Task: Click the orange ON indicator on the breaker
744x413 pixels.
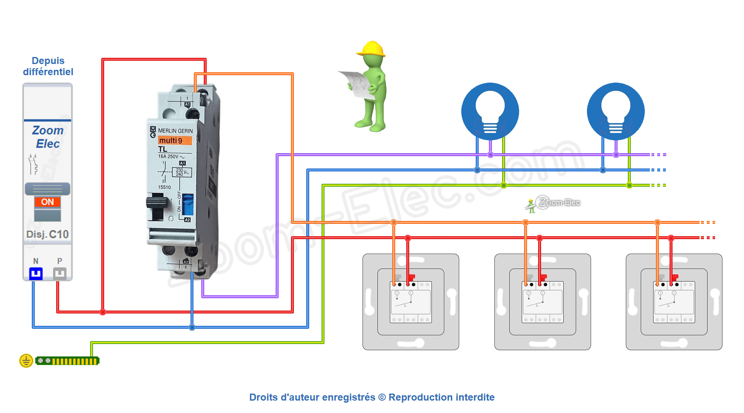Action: pyautogui.click(x=48, y=202)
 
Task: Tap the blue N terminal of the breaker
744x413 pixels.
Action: pyautogui.click(x=36, y=273)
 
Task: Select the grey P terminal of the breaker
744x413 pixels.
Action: pyautogui.click(x=60, y=273)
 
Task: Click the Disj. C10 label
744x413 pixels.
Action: pyautogui.click(x=48, y=235)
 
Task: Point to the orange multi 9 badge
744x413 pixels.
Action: pyautogui.click(x=175, y=141)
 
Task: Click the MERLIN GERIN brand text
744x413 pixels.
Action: pyautogui.click(x=175, y=131)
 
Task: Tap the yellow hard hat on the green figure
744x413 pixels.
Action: pyautogui.click(x=372, y=49)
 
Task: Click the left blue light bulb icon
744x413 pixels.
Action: pyautogui.click(x=490, y=111)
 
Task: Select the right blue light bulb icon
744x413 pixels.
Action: pyautogui.click(x=616, y=111)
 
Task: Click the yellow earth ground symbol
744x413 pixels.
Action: pyautogui.click(x=26, y=361)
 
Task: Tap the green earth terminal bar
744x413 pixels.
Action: pyautogui.click(x=67, y=361)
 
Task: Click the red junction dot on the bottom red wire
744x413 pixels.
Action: pyautogui.click(x=103, y=312)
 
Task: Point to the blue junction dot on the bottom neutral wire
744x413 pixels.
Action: pyautogui.click(x=192, y=327)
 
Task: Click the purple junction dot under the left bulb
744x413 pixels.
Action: pyautogui.click(x=490, y=155)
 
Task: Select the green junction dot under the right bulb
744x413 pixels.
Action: pyautogui.click(x=629, y=185)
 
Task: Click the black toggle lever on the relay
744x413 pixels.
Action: pyautogui.click(x=157, y=203)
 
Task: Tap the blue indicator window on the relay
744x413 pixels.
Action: pyautogui.click(x=188, y=204)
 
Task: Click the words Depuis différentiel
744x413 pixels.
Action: pyautogui.click(x=48, y=66)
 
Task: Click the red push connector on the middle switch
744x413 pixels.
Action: pyautogui.click(x=543, y=278)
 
